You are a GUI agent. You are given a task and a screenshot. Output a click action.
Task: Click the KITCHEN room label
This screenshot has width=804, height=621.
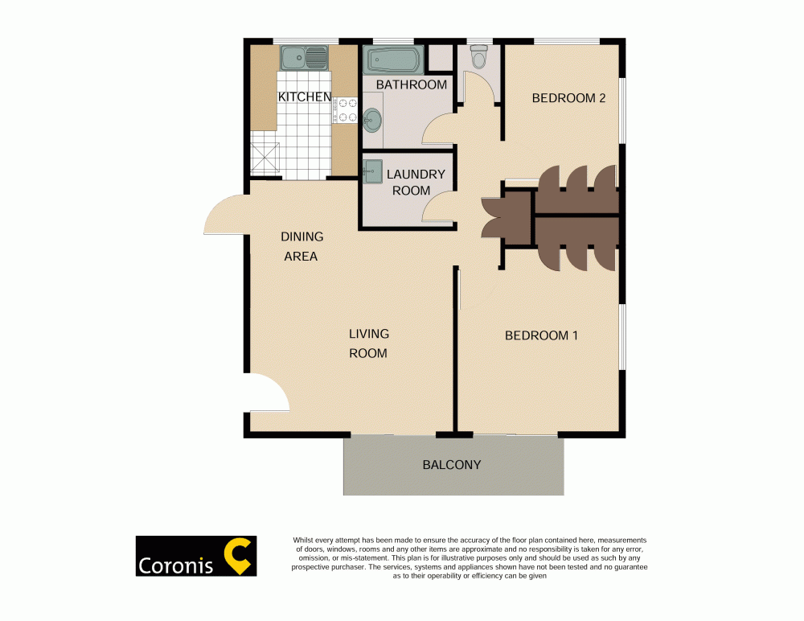tap(304, 97)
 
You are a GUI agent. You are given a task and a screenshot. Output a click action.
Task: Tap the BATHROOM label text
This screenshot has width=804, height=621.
tap(411, 84)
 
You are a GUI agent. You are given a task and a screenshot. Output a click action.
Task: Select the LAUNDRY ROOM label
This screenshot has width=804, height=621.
tap(415, 183)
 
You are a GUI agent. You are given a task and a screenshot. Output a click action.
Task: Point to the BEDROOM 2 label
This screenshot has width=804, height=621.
tap(568, 98)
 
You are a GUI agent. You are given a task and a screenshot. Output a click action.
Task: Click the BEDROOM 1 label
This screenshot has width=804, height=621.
tap(541, 335)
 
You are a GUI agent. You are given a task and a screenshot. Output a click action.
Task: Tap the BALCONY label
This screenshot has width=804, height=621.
tap(452, 465)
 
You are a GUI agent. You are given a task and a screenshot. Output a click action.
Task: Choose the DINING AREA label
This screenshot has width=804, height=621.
tap(301, 247)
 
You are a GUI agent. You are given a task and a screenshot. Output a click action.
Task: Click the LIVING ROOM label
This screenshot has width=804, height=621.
tap(368, 343)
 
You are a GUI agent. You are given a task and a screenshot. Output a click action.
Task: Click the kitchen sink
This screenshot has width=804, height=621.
tap(304, 57)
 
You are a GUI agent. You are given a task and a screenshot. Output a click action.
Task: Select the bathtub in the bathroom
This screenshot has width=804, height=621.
tap(392, 59)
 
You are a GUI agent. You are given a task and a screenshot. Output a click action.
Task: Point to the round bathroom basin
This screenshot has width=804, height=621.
tap(371, 121)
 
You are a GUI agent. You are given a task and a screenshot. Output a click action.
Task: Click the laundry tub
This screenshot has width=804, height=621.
tap(372, 171)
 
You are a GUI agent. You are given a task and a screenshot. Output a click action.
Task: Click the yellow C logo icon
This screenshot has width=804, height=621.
tap(238, 556)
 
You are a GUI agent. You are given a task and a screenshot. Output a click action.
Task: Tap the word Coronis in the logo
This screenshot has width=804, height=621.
tap(176, 565)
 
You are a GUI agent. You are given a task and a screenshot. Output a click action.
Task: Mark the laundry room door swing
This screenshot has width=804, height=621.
tap(438, 209)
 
